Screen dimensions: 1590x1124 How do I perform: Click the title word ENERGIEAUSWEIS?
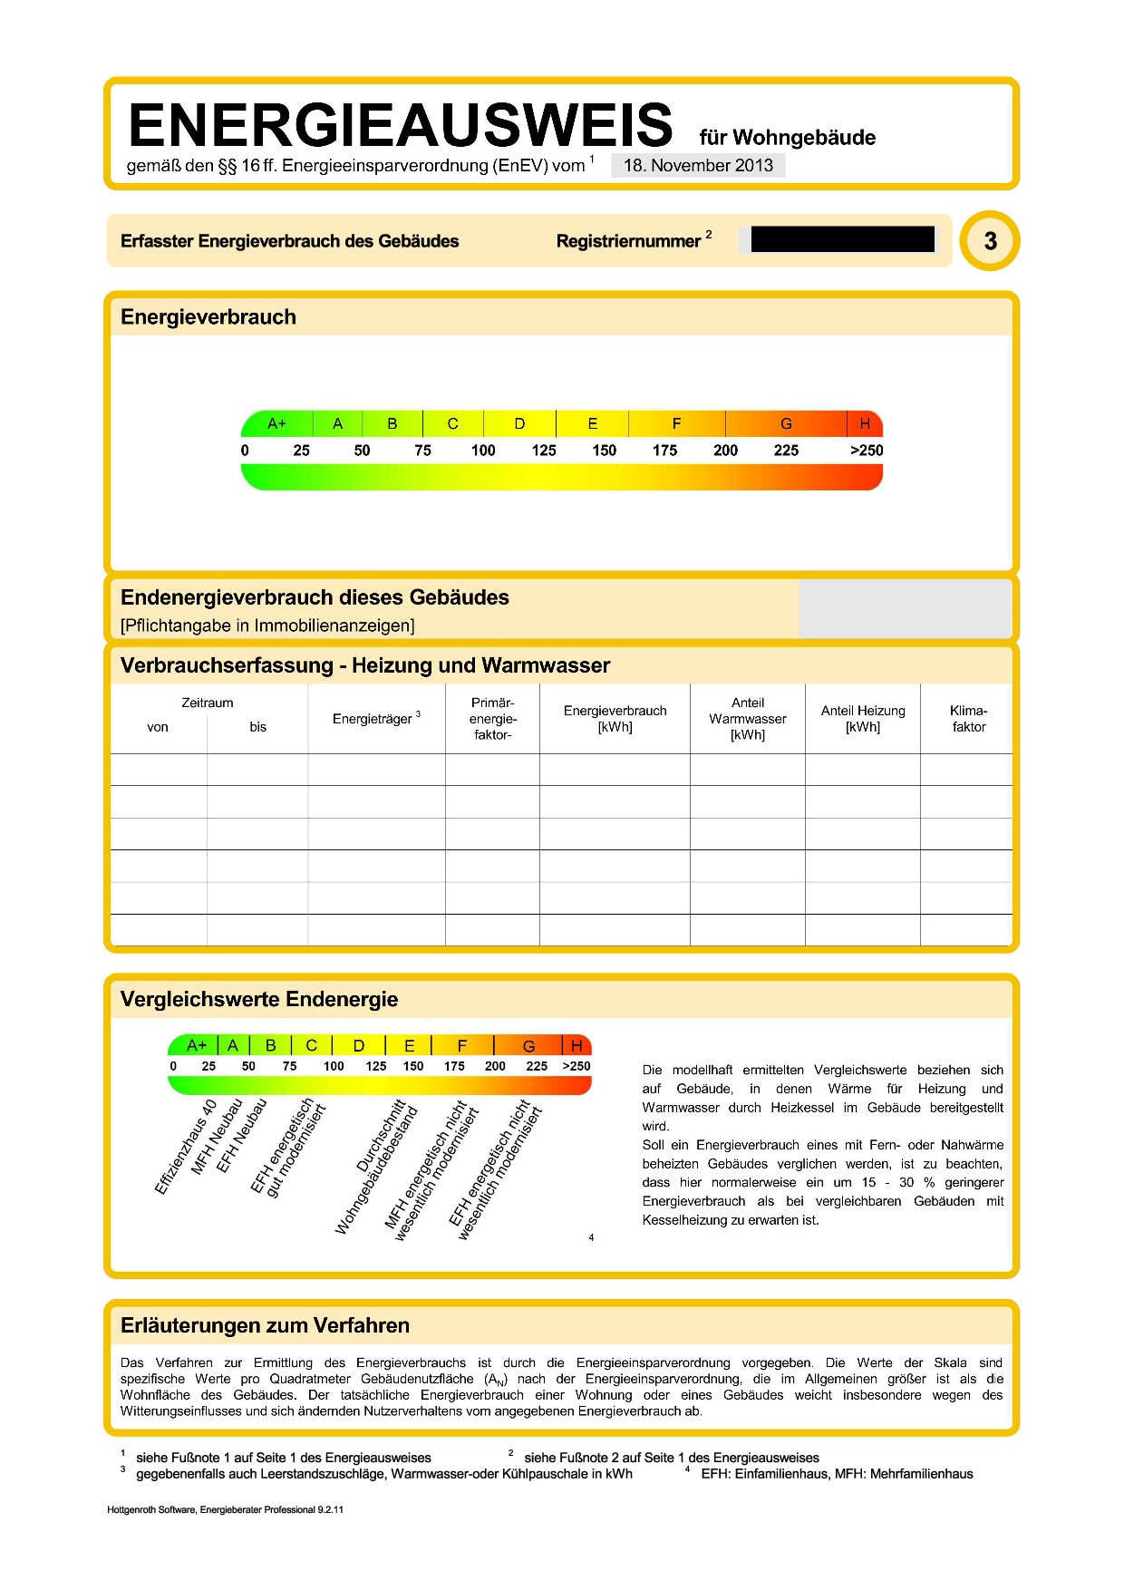click(x=400, y=125)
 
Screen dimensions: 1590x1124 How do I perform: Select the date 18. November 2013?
click(x=698, y=165)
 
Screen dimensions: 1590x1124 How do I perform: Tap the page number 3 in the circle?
click(x=990, y=241)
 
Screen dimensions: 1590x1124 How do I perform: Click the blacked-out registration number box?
click(x=842, y=239)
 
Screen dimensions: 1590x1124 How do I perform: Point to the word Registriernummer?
click(x=628, y=241)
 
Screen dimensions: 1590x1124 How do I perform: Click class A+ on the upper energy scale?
click(x=276, y=423)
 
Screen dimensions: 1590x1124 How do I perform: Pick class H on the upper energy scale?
click(x=865, y=423)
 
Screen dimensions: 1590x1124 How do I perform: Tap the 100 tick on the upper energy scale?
click(x=483, y=451)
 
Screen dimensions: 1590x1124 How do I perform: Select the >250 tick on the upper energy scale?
click(x=866, y=451)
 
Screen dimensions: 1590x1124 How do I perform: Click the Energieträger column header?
click(x=373, y=719)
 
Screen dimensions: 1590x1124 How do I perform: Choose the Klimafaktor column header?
click(x=968, y=719)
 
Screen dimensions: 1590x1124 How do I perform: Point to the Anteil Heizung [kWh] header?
click(x=863, y=719)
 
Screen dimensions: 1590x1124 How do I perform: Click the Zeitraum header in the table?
click(x=208, y=703)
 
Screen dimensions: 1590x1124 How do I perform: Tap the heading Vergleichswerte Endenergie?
click(x=259, y=999)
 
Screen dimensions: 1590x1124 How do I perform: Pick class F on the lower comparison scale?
click(x=462, y=1045)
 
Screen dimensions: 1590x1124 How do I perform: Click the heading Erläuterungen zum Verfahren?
click(x=265, y=1325)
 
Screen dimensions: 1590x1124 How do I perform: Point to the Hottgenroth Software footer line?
click(x=225, y=1509)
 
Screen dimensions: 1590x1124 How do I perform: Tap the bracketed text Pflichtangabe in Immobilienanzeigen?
click(x=267, y=625)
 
